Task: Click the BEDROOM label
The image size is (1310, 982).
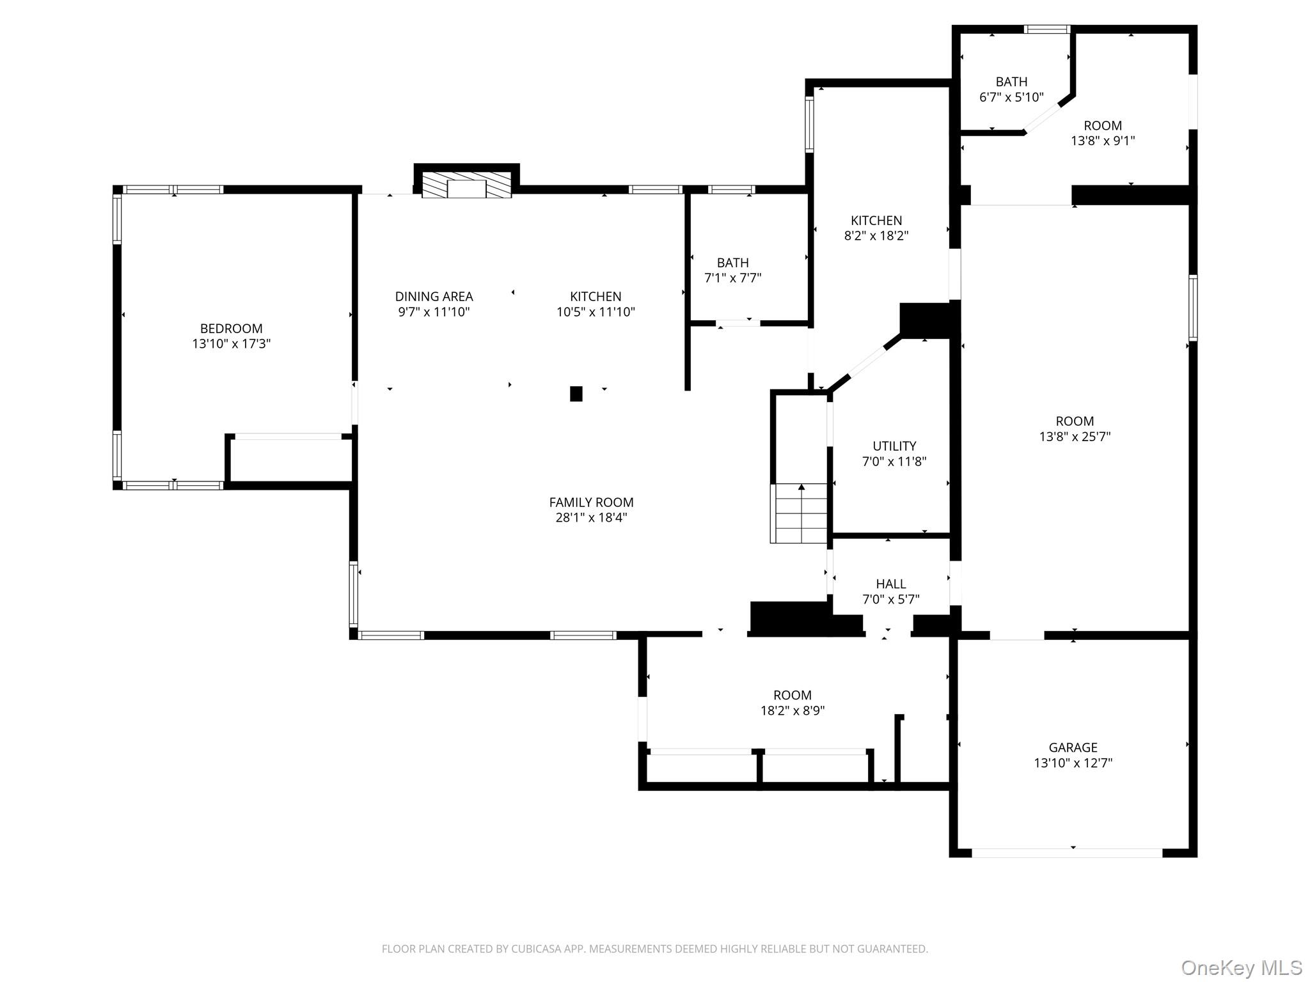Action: pyautogui.click(x=231, y=329)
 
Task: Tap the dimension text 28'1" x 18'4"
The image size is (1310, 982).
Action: pyautogui.click(x=591, y=518)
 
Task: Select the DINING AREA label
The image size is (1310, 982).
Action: pyautogui.click(x=434, y=297)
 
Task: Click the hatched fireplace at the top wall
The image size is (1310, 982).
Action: pyautogui.click(x=466, y=185)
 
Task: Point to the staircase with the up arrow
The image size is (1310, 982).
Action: pyautogui.click(x=799, y=513)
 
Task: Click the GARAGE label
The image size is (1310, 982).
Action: pyautogui.click(x=1073, y=747)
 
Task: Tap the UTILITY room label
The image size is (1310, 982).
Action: pyautogui.click(x=894, y=446)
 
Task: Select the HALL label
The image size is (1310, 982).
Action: pyautogui.click(x=890, y=584)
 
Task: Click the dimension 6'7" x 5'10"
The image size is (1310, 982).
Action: pyautogui.click(x=1011, y=97)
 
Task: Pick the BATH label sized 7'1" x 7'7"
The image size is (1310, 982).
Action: pyautogui.click(x=732, y=263)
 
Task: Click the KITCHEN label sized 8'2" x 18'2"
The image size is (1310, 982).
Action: pyautogui.click(x=876, y=221)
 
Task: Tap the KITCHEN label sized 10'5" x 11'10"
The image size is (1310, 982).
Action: pyautogui.click(x=596, y=297)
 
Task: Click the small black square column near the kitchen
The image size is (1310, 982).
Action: pyautogui.click(x=576, y=394)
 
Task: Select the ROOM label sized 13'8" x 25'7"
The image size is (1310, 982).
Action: pyautogui.click(x=1075, y=421)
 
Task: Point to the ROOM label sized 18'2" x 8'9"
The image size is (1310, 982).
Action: pyautogui.click(x=792, y=695)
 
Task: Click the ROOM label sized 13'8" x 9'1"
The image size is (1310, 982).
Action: pyautogui.click(x=1102, y=126)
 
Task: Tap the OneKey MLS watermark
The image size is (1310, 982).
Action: pyautogui.click(x=1241, y=967)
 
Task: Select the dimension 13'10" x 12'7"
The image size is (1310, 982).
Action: pyautogui.click(x=1073, y=763)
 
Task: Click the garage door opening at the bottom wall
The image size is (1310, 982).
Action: pyautogui.click(x=1067, y=852)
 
